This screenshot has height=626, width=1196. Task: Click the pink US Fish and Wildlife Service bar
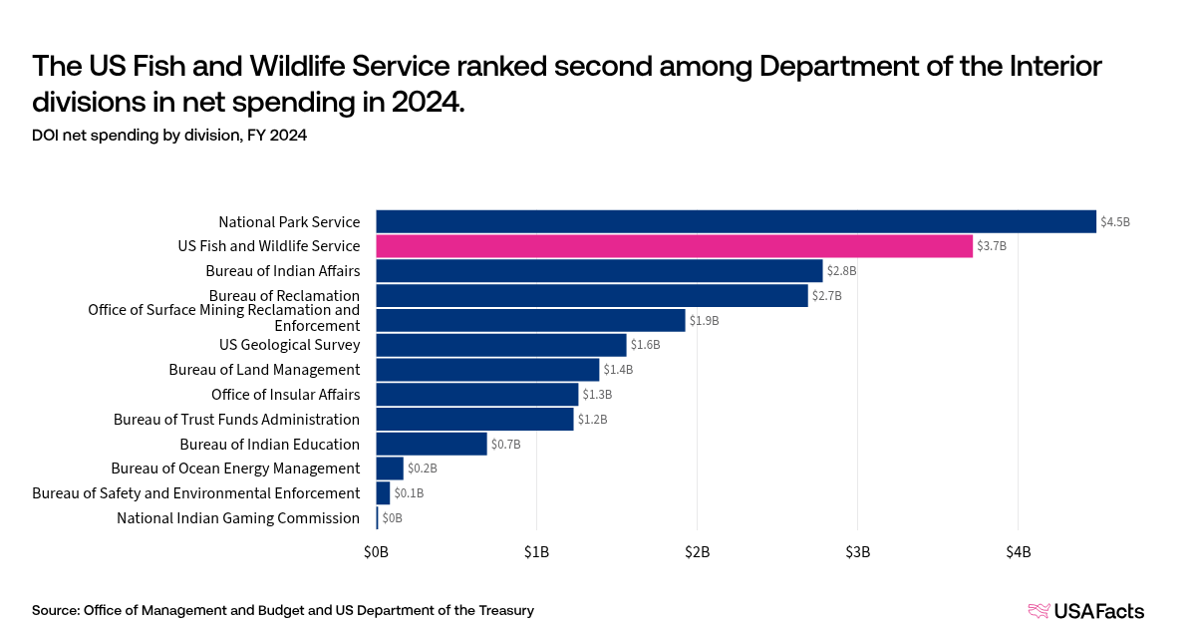tap(674, 246)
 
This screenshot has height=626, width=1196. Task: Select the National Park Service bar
tap(736, 221)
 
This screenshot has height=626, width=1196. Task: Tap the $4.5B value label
tap(1115, 222)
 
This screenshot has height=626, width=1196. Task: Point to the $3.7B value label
tap(992, 246)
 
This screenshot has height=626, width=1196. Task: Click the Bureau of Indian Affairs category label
tap(282, 271)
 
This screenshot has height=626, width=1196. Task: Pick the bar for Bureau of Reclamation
tap(591, 296)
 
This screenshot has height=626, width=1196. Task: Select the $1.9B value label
tap(704, 321)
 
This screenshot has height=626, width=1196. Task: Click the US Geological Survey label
tap(289, 345)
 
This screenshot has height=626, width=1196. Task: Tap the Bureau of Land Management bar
tap(487, 370)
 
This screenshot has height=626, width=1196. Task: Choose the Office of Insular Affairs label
tap(285, 395)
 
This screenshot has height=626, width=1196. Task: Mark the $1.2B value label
tap(592, 420)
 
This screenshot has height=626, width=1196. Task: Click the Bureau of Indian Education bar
tap(432, 444)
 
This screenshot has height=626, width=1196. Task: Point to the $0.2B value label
tap(422, 469)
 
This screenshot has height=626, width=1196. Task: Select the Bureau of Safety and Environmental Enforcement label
tap(195, 493)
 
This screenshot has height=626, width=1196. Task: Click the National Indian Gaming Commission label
tap(237, 518)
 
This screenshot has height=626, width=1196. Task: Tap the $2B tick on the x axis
tap(697, 552)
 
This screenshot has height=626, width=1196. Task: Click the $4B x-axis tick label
tap(1018, 552)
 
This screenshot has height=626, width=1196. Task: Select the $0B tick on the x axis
tap(376, 552)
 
